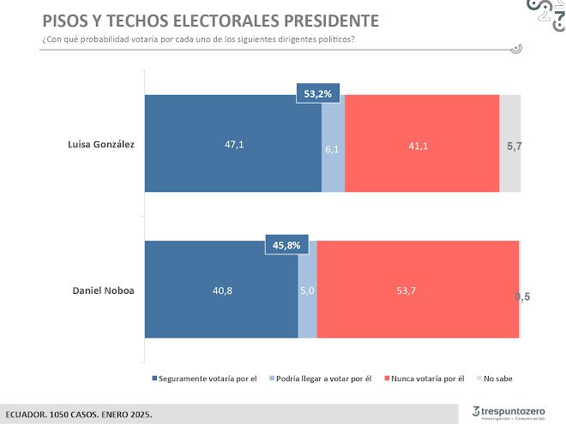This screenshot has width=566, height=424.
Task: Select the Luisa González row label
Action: click(101, 144)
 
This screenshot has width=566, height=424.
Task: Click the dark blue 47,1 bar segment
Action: click(232, 144)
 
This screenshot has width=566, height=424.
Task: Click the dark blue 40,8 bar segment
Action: click(221, 290)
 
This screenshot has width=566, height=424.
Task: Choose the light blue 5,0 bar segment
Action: click(307, 290)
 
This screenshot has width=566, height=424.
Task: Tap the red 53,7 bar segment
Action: click(418, 290)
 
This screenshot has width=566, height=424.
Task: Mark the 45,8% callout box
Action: click(286, 246)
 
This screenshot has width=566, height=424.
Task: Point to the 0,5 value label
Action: click(523, 296)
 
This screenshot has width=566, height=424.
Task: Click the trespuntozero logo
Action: click(509, 410)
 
